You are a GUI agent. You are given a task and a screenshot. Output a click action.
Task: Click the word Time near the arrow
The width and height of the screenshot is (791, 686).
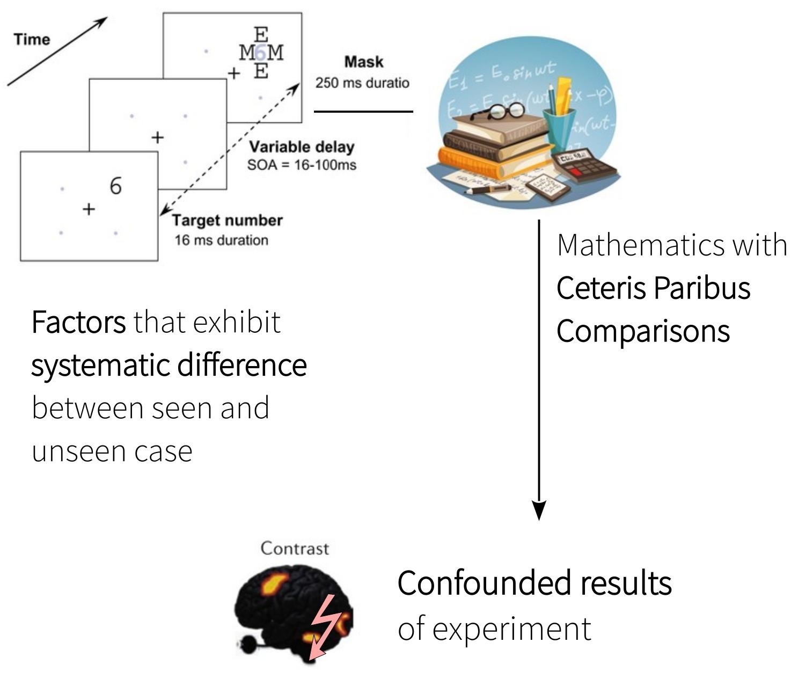point(32,39)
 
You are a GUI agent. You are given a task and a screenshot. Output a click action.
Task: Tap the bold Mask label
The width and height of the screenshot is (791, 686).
point(364,62)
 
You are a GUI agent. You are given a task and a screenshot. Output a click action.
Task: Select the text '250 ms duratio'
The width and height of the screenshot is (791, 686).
point(362,83)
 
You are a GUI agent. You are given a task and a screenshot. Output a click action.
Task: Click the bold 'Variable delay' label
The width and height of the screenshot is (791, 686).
point(302,147)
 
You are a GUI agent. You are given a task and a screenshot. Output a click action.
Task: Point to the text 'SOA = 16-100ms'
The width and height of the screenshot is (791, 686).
point(302,165)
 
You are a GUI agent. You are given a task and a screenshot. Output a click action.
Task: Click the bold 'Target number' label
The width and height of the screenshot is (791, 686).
point(227,221)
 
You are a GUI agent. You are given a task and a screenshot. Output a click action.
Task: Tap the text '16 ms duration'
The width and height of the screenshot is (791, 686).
point(221,240)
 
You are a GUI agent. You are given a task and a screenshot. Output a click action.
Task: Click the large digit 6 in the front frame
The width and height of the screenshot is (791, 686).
point(115,186)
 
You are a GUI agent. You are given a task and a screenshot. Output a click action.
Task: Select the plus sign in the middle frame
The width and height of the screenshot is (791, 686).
point(157,138)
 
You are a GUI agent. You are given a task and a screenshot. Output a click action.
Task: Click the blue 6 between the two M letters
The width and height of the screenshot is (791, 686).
point(260,53)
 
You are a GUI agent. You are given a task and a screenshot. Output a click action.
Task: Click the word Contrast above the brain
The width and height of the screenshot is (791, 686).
point(295,549)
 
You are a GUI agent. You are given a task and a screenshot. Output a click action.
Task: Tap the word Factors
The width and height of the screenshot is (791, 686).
point(78,322)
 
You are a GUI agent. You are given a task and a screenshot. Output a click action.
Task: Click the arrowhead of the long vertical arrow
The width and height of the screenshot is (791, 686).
point(539,510)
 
